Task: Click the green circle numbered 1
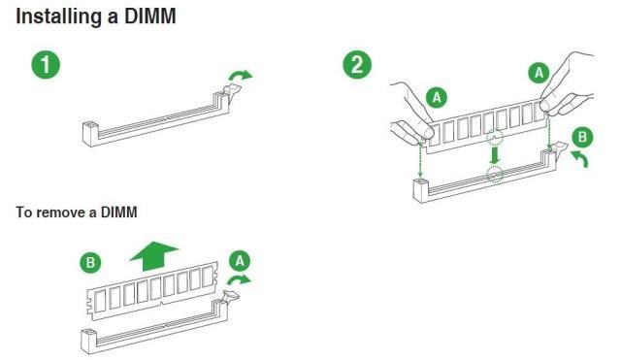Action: (46, 64)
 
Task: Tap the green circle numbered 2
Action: (357, 64)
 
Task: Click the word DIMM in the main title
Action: (150, 17)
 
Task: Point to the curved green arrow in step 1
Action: (240, 75)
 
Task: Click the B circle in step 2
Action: (582, 137)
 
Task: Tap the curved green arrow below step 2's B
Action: (579, 157)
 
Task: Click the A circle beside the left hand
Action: (437, 97)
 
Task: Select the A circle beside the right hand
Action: (539, 73)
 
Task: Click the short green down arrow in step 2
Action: (494, 155)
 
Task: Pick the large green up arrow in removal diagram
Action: (153, 256)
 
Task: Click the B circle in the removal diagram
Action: (90, 262)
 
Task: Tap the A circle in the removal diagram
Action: (240, 261)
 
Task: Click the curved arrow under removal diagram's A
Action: (239, 279)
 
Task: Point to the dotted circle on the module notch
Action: (495, 138)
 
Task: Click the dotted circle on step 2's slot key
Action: (495, 174)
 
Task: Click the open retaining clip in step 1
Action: (233, 90)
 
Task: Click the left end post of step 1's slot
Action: (90, 133)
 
